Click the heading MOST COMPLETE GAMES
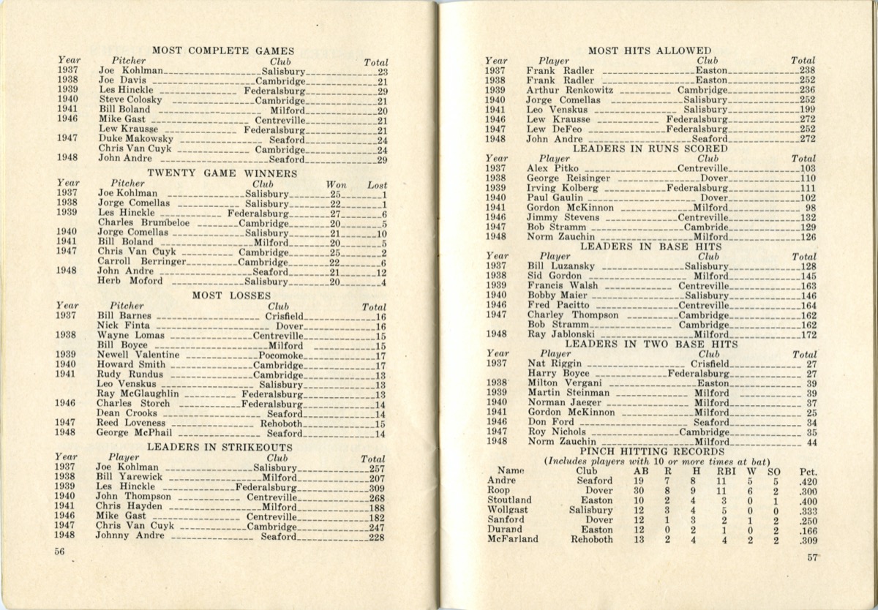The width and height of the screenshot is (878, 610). (x=222, y=50)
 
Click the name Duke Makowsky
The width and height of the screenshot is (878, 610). (x=135, y=139)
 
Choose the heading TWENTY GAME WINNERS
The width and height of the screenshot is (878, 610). (x=222, y=173)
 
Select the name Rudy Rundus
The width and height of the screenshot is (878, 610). (x=130, y=374)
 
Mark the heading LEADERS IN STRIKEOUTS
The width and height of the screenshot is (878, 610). (x=219, y=447)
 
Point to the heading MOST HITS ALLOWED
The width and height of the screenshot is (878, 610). (x=649, y=50)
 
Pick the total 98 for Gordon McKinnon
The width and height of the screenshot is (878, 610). (x=808, y=207)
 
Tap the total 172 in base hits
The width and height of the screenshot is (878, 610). (x=807, y=334)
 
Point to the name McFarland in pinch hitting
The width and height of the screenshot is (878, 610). (x=513, y=539)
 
